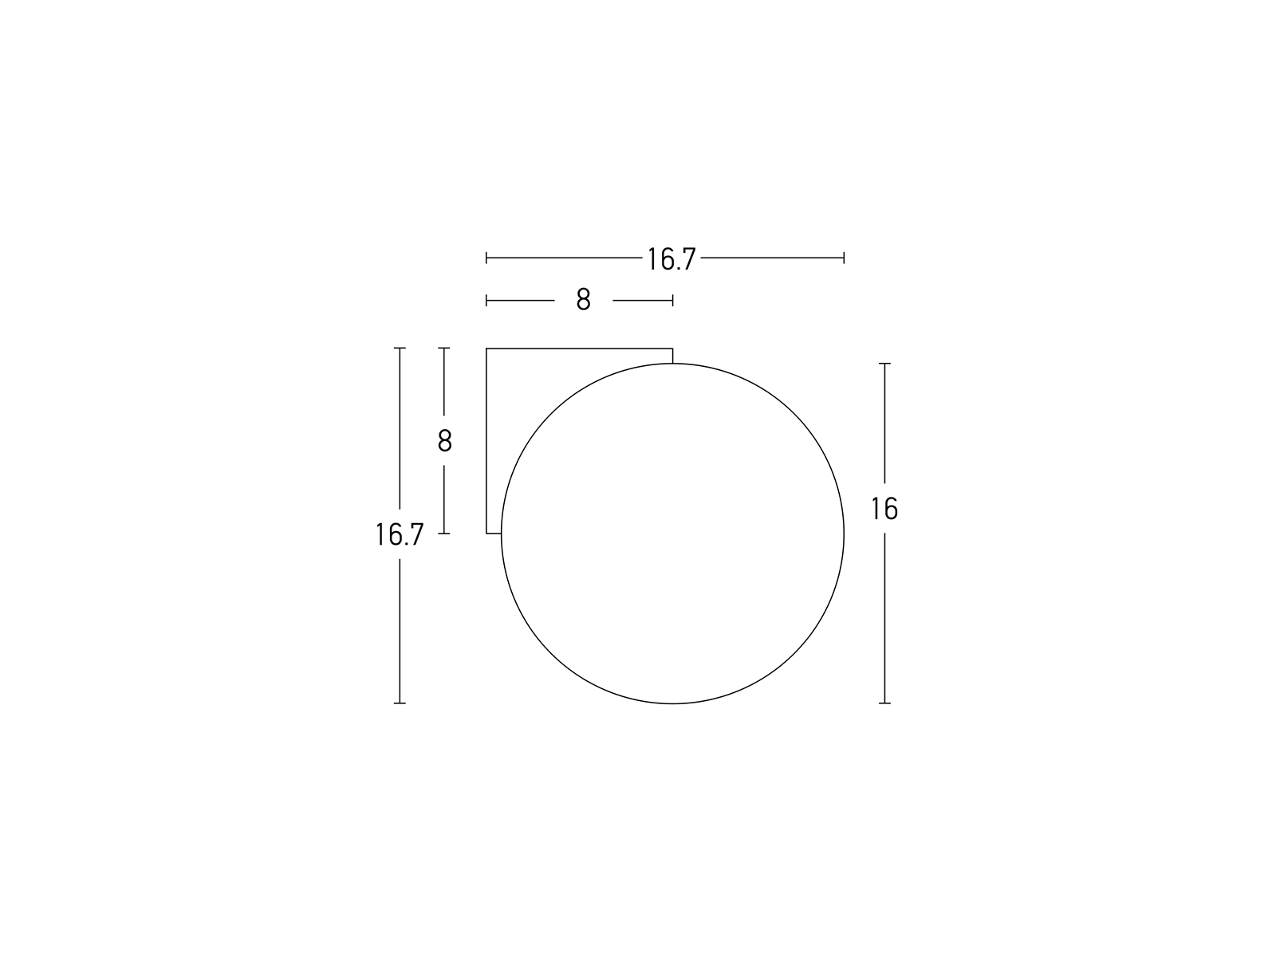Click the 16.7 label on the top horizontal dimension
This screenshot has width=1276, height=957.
coord(671,259)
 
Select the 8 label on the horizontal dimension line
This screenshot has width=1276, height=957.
coord(583,299)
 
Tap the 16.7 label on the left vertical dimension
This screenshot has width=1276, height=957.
coord(400,534)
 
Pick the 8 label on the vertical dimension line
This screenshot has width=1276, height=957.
coord(444,440)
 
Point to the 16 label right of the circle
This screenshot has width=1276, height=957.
coord(884,509)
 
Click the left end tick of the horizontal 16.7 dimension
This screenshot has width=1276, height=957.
coord(486,258)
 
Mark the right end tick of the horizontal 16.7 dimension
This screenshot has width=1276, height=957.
coord(844,258)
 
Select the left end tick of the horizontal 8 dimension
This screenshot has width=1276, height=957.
coord(486,301)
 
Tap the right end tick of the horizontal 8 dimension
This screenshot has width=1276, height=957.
coord(672,301)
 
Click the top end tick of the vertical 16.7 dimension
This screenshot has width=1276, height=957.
coord(400,348)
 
